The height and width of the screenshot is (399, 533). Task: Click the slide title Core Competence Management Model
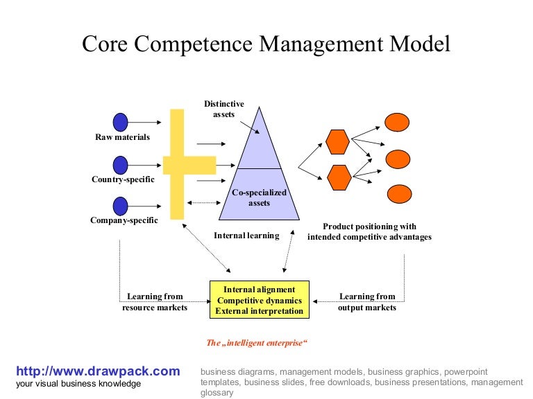pyautogui.click(x=266, y=44)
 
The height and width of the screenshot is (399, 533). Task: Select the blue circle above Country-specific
pyautogui.click(x=121, y=165)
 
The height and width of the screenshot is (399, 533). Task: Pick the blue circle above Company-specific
pyautogui.click(x=121, y=206)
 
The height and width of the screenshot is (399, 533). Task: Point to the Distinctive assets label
pyautogui.click(x=223, y=109)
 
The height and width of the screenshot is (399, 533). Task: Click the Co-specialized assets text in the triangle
pyautogui.click(x=259, y=197)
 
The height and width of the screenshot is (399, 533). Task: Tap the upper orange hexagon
pyautogui.click(x=337, y=141)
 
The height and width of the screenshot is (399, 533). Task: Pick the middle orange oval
pyautogui.click(x=398, y=159)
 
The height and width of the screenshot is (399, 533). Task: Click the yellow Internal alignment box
pyautogui.click(x=260, y=300)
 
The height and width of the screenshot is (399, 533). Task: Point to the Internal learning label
pyautogui.click(x=246, y=236)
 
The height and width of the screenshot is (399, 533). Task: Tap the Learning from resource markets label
pyautogui.click(x=155, y=302)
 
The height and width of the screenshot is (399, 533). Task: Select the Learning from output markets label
pyautogui.click(x=367, y=302)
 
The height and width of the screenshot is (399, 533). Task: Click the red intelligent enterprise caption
pyautogui.click(x=257, y=343)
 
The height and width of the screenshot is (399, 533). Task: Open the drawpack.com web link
pyautogui.click(x=98, y=371)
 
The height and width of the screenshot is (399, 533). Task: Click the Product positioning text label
pyautogui.click(x=369, y=231)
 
